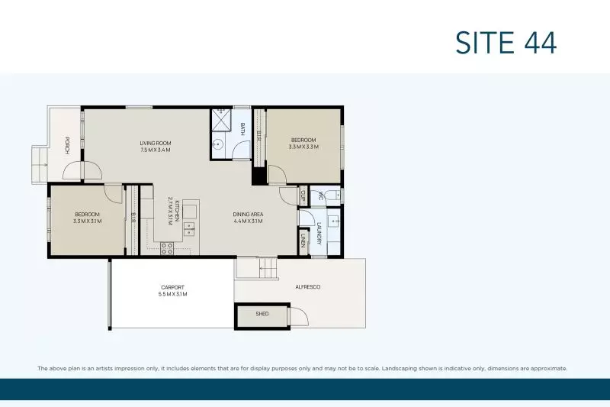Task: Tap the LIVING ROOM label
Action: (155, 143)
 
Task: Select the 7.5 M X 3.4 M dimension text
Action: (155, 150)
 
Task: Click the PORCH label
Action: (67, 145)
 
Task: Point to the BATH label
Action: (243, 130)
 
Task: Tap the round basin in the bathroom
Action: (218, 144)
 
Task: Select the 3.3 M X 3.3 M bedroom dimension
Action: (303, 147)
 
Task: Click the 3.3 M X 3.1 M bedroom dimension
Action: (87, 221)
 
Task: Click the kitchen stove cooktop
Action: (167, 247)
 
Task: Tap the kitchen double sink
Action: (188, 228)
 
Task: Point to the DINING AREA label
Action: (248, 214)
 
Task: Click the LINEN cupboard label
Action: (303, 242)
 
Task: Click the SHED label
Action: (262, 314)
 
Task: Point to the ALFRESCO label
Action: (308, 286)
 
